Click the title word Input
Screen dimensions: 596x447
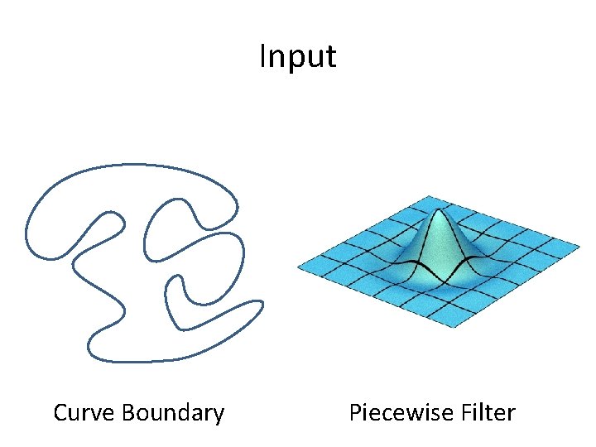pos(297,57)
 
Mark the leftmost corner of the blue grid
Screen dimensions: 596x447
pos(298,266)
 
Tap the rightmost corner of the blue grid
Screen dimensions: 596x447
pos(579,245)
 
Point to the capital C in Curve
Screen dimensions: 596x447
pos(60,412)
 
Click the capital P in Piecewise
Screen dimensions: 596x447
pos(355,412)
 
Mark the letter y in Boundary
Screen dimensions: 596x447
pos(218,415)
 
